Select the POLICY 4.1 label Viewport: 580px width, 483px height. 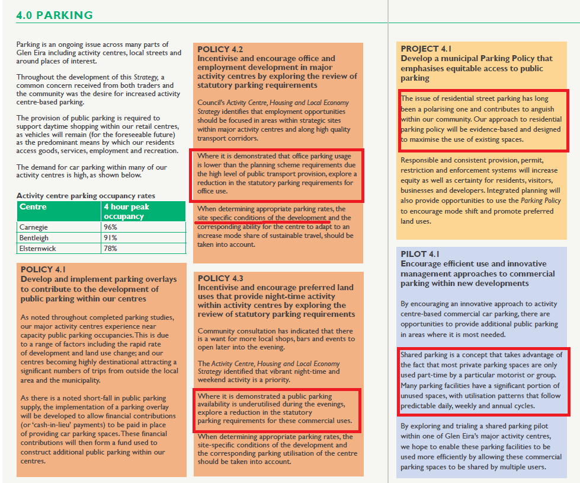(43, 269)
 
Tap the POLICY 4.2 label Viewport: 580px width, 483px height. (220, 49)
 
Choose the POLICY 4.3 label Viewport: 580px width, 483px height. (220, 278)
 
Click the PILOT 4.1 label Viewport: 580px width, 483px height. (422, 254)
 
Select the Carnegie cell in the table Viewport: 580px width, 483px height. (34, 227)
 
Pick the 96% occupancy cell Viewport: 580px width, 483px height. (111, 227)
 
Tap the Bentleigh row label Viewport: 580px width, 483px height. (34, 238)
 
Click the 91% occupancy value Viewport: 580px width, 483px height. (111, 238)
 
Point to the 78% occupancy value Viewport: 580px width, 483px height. (111, 248)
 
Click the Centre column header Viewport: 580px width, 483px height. (33, 207)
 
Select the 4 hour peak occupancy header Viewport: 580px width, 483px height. (126, 211)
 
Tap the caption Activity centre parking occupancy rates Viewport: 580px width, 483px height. (86, 196)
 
